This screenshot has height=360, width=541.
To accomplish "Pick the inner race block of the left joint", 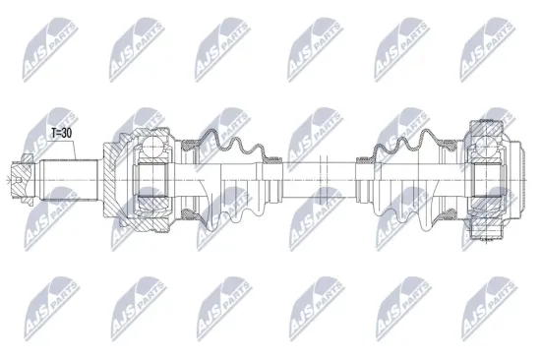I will (x=151, y=180).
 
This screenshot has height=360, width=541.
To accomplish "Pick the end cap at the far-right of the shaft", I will (x=516, y=180).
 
